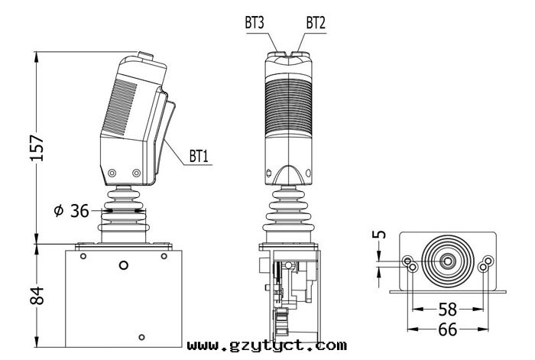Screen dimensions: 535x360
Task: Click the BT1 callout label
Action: coord(199,156)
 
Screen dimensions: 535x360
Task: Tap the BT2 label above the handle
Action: coord(316,23)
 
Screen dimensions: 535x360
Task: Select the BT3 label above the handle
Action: coord(255,23)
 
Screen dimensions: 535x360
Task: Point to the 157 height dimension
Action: coord(37,148)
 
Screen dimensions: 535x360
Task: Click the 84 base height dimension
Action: coord(37,296)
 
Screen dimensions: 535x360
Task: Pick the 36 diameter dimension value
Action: coord(79,211)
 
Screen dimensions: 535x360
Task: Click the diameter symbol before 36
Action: coord(59,210)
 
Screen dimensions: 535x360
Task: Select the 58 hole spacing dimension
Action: coord(447,309)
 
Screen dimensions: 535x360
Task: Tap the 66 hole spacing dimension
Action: coord(447,329)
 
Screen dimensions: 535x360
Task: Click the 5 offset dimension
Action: coord(379,235)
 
